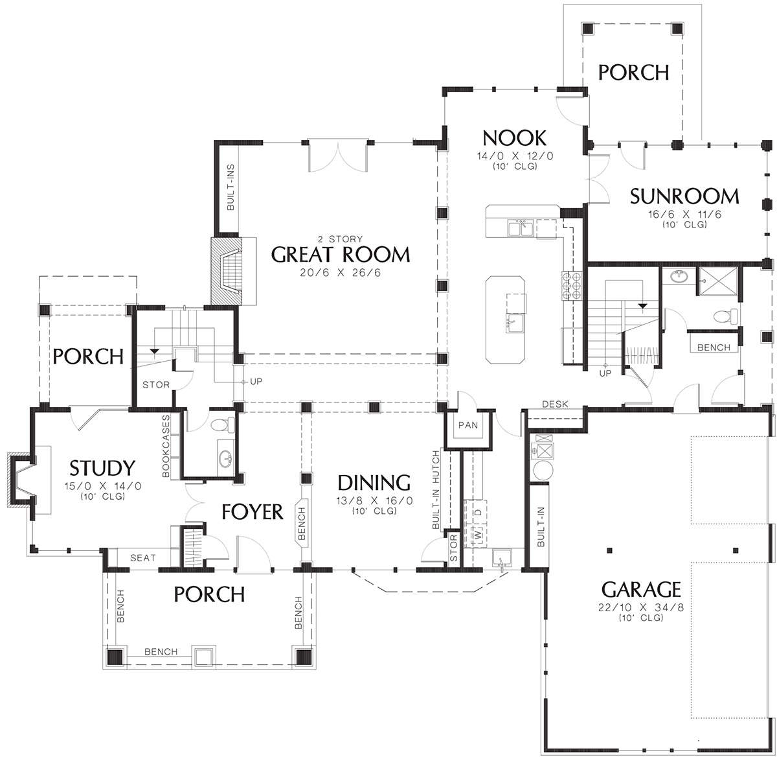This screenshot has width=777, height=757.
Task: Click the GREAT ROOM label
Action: coord(340,255)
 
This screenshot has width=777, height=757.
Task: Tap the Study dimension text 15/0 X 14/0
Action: coord(102,486)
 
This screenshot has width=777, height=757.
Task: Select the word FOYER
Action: coord(253,511)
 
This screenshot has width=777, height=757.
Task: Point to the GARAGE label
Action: coord(641,589)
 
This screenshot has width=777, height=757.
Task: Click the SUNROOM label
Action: coord(684,196)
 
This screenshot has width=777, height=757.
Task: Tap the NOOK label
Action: coord(514,138)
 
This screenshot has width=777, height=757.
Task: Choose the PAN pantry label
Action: coord(468,425)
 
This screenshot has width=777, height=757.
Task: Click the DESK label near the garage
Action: coord(555,404)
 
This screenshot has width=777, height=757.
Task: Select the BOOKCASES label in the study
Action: coord(166,446)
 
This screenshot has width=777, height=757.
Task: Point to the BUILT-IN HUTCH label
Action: coord(436,489)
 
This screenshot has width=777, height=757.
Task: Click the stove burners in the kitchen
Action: coord(572,285)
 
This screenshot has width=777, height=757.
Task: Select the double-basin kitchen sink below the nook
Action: coord(521,229)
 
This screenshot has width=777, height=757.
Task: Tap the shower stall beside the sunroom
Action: coord(717,281)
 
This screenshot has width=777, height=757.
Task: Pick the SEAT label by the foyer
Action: coord(143,558)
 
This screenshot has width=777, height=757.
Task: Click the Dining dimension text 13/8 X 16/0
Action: coord(374,500)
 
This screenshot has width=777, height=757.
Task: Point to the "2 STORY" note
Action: coord(340,239)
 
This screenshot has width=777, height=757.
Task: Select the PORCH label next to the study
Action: coord(88,356)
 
